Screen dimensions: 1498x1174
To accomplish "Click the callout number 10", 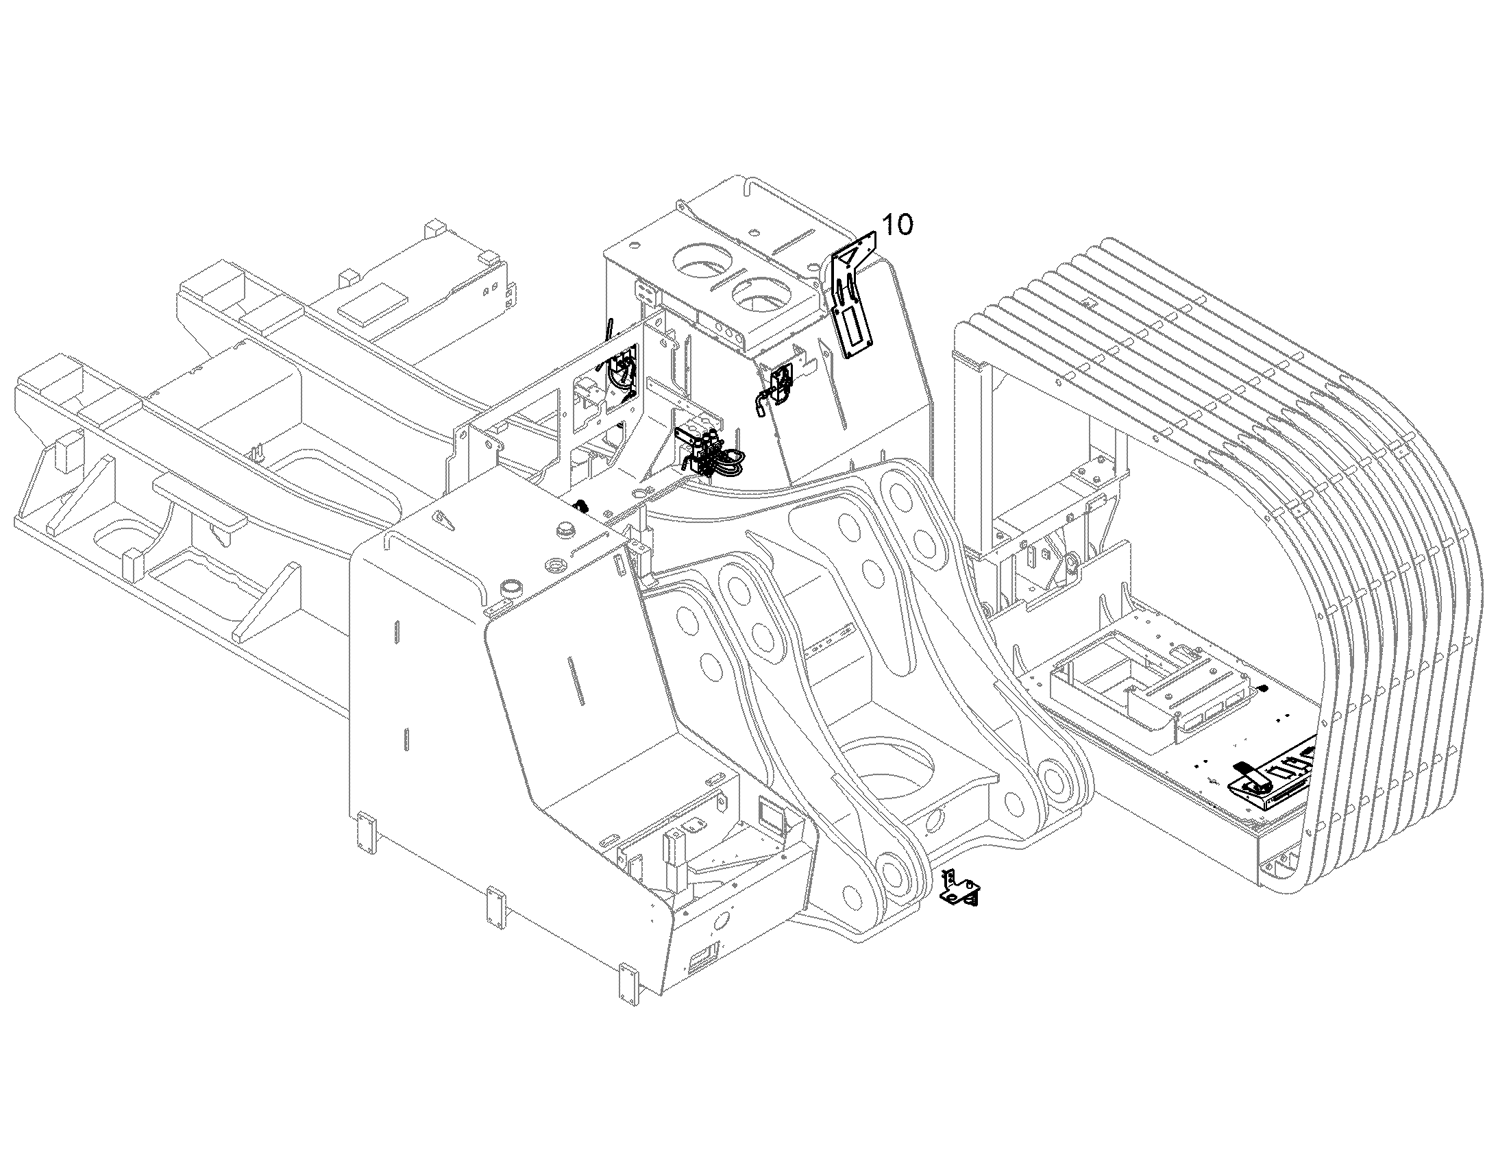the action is [898, 225].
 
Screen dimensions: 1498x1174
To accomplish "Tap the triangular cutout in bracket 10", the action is [849, 258].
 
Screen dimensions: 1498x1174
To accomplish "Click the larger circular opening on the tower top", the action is [702, 264].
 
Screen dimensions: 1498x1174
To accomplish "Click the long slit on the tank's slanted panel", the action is [576, 680].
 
